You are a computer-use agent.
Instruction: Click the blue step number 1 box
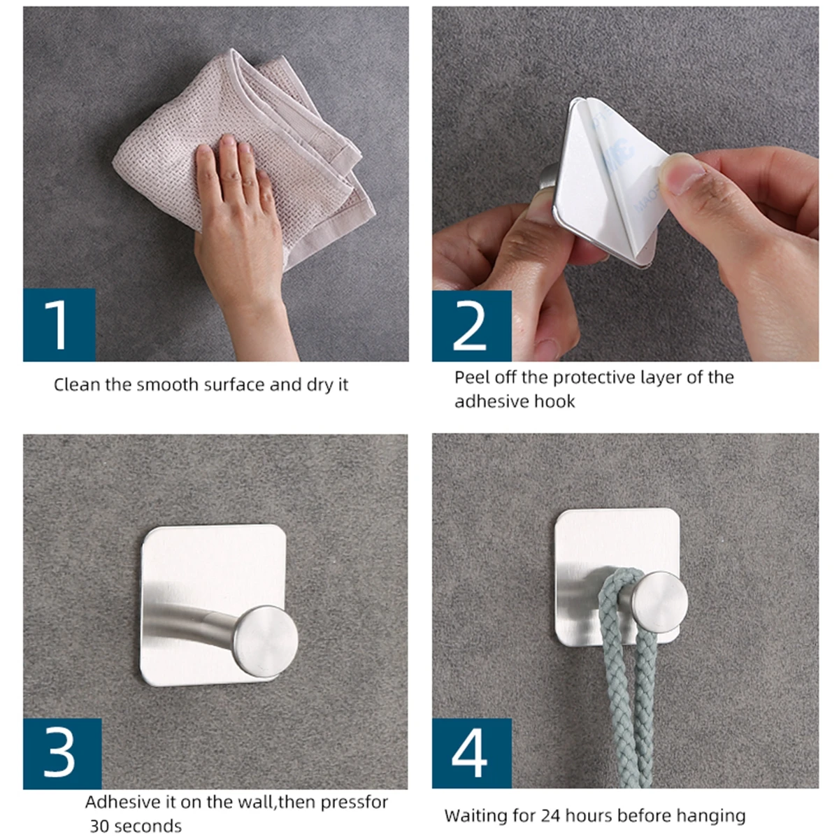pyautogui.click(x=59, y=324)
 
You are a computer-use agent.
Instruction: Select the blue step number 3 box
pyautogui.click(x=62, y=753)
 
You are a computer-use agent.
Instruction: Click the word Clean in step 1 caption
pyautogui.click(x=77, y=385)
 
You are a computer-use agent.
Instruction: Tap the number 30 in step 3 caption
pyautogui.click(x=99, y=826)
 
